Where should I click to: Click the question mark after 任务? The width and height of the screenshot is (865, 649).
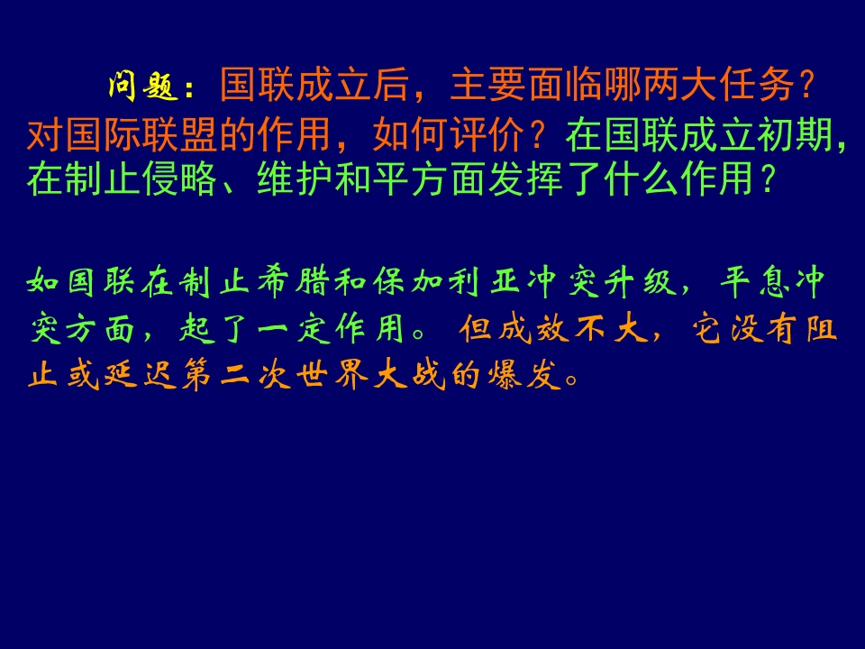[808, 86]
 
